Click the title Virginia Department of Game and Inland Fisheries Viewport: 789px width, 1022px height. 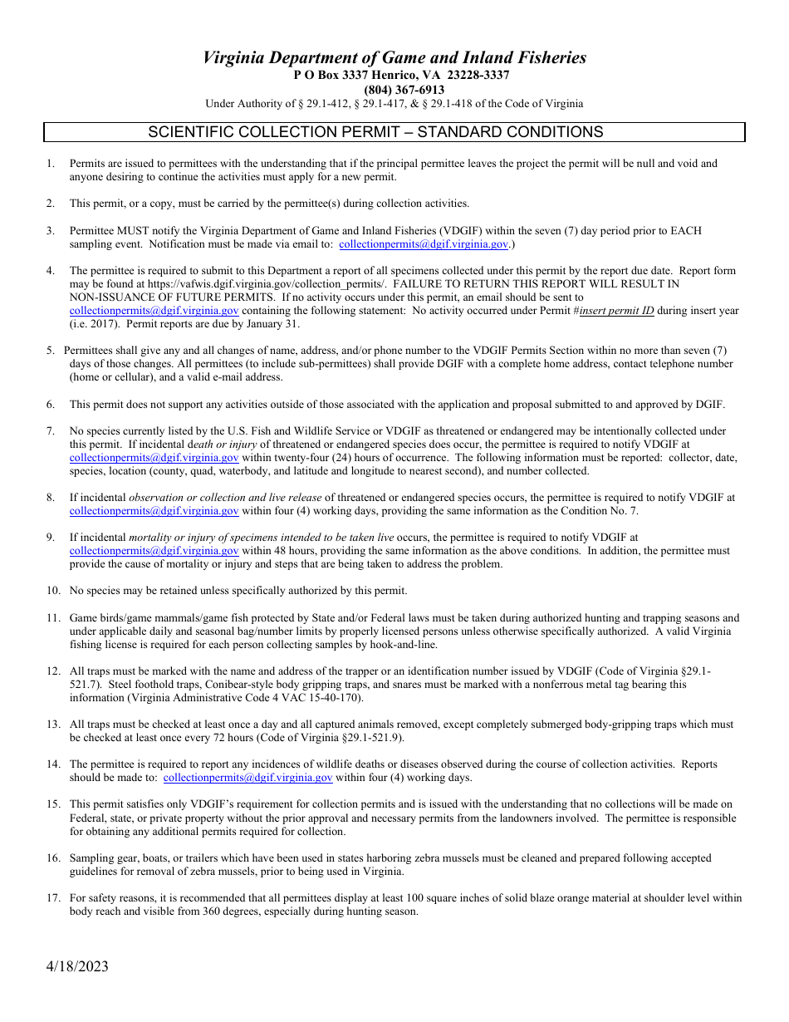pyautogui.click(x=394, y=57)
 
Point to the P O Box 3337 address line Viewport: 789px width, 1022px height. pyautogui.click(x=401, y=75)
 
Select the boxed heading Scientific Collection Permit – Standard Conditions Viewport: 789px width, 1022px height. pyautogui.click(x=375, y=132)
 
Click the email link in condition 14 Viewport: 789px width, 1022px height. pyautogui.click(x=247, y=778)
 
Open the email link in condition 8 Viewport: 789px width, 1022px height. pyautogui.click(x=154, y=511)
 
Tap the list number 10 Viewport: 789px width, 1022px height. pyautogui.click(x=53, y=591)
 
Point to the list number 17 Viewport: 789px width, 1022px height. pyautogui.click(x=53, y=897)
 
